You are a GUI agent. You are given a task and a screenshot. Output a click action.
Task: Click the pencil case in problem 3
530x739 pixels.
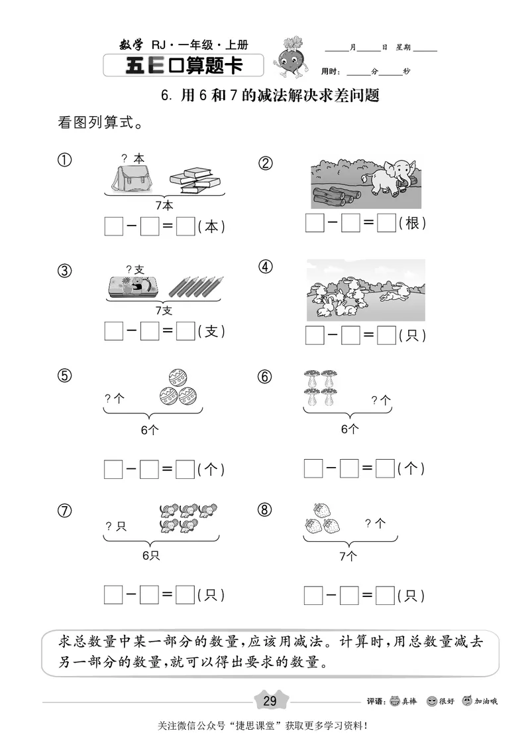132,286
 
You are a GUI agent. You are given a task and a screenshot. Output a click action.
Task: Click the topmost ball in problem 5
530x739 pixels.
178,379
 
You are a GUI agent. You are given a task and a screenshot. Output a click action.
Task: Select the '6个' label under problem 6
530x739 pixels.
350,429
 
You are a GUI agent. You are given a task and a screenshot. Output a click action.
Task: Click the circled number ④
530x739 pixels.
266,267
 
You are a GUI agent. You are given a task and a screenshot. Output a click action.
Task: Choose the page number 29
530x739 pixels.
270,701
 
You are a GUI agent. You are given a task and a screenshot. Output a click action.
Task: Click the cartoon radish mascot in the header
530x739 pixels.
289,56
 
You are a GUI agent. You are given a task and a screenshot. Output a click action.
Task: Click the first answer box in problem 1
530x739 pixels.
113,226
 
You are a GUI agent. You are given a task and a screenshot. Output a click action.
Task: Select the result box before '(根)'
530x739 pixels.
386,224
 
